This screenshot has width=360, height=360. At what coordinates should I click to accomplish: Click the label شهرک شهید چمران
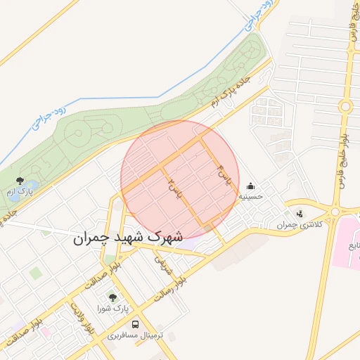click(127, 238)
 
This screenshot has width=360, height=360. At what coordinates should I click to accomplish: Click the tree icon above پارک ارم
click(20, 181)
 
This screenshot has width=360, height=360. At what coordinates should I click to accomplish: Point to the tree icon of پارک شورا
click(112, 297)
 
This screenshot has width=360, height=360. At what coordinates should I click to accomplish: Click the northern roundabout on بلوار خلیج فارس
click(345, 107)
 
